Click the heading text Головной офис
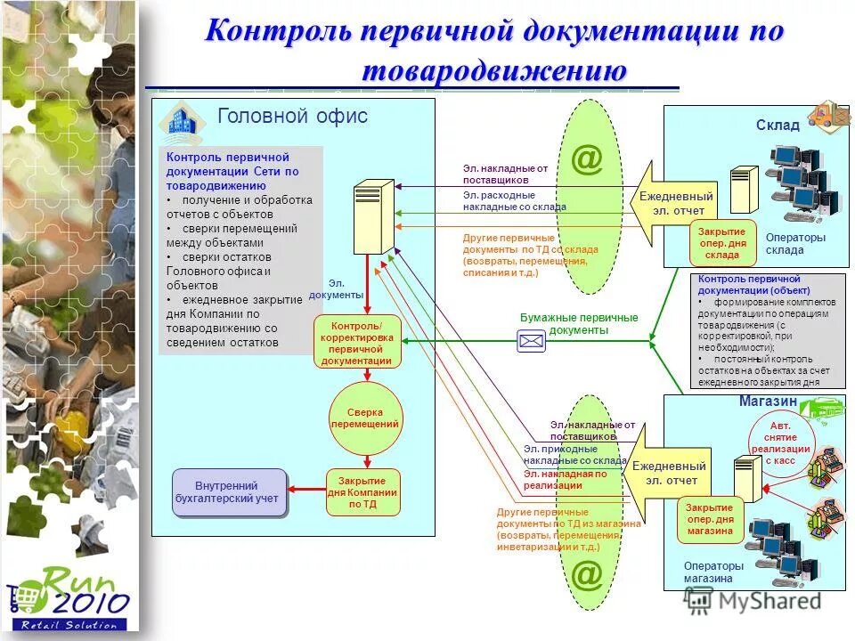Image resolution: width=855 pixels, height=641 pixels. (292, 116)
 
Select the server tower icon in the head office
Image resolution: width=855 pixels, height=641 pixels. (373, 218)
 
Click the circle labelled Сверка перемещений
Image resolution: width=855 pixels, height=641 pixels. (365, 418)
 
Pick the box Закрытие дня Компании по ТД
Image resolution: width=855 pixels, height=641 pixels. (363, 492)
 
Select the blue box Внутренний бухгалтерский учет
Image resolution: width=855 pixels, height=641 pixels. (229, 492)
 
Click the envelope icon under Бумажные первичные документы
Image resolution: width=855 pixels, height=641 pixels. (531, 340)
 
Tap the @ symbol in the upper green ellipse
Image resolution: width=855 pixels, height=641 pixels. (587, 160)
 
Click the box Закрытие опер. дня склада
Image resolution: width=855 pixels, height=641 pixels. (722, 242)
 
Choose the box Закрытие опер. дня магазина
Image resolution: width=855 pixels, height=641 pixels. (710, 519)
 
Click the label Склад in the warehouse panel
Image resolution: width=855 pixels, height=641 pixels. (778, 126)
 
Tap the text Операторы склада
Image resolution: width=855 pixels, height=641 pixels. (795, 244)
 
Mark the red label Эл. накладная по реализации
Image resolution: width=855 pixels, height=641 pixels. (565, 480)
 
